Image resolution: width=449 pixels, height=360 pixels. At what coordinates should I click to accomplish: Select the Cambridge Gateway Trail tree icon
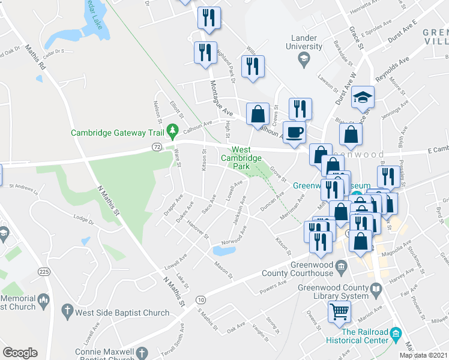click(173, 130)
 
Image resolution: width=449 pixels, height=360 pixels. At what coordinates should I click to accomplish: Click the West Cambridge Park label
click(241, 157)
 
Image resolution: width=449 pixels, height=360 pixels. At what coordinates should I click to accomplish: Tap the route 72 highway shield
click(156, 146)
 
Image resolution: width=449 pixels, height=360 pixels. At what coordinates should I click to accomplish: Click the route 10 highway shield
click(200, 299)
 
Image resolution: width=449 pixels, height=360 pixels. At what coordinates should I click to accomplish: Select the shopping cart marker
click(339, 312)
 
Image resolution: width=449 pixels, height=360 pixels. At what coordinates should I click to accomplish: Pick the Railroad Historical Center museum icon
click(395, 332)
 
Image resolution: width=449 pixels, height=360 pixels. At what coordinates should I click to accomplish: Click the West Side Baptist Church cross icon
click(69, 312)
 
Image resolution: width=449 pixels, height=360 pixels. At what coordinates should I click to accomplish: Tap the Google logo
click(20, 353)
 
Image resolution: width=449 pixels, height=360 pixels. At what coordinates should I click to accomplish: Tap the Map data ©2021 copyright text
click(424, 355)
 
